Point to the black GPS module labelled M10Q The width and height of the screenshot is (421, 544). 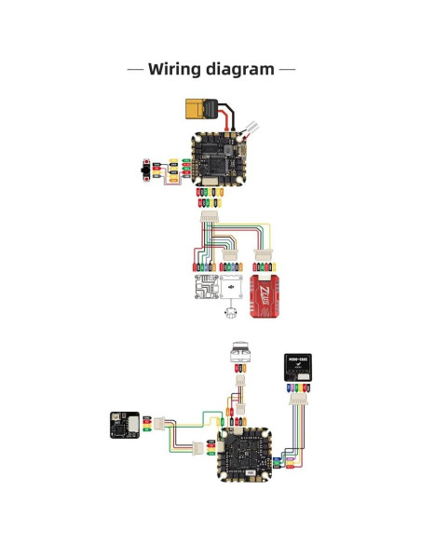(298, 367)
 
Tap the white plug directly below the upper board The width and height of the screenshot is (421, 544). (207, 219)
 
